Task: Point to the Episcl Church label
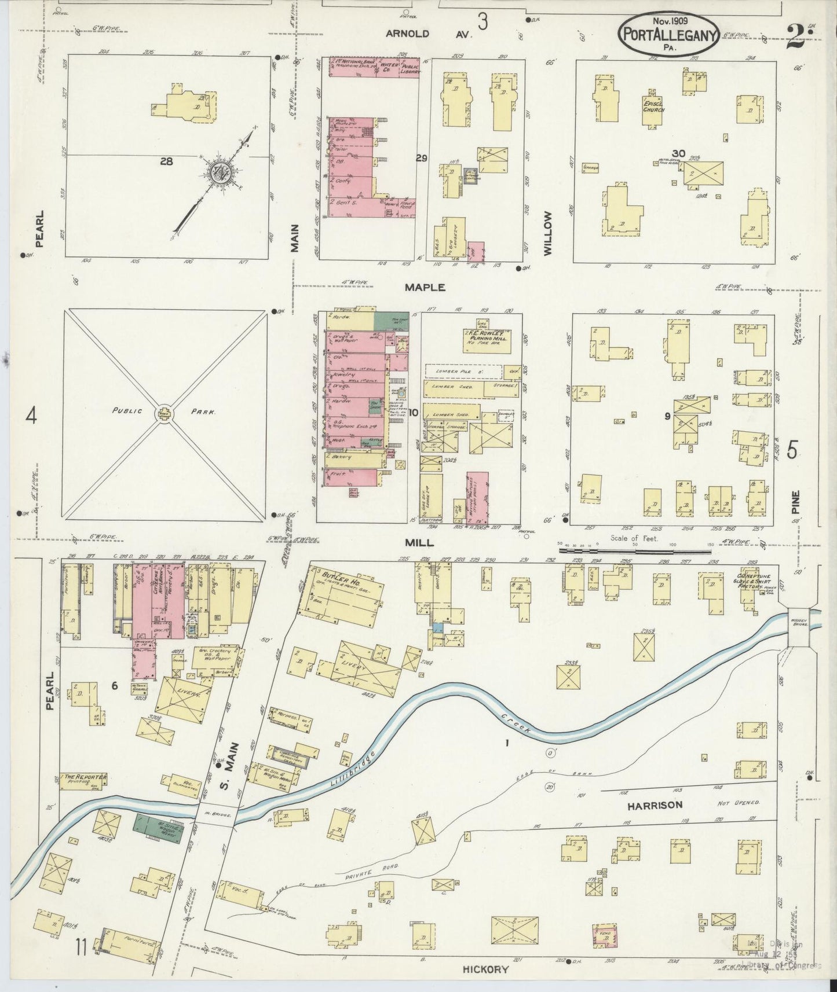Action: [x=653, y=106]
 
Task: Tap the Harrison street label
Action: [x=654, y=804]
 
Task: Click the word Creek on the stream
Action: [x=515, y=724]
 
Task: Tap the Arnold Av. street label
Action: [x=429, y=34]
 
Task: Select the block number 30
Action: [x=678, y=153]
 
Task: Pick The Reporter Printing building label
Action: [x=84, y=778]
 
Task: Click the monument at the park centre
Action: [x=164, y=413]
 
